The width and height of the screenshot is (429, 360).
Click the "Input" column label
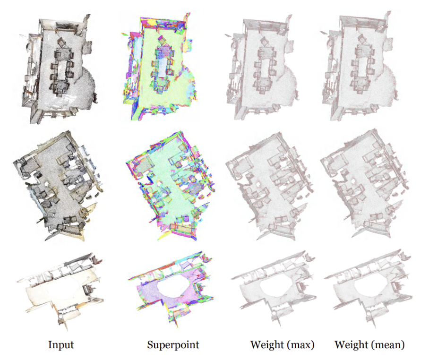61,345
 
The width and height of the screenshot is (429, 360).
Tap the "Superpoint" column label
173,345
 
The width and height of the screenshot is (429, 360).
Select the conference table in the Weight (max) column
264,69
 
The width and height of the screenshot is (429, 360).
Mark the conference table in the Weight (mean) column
363,68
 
